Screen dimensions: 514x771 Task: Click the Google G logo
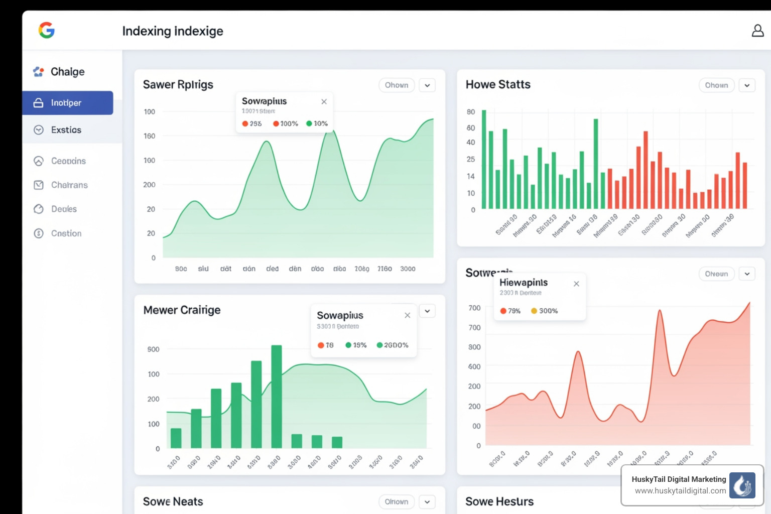[x=46, y=31]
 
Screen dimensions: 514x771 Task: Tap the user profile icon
[x=757, y=31]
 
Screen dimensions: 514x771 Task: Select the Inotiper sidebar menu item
[x=67, y=103]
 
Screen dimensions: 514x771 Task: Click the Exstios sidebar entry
[x=66, y=130]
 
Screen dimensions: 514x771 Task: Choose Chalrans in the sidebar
[x=69, y=185]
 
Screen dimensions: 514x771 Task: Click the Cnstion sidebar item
[x=66, y=233]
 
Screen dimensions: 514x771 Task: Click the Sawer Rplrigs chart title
[x=178, y=84]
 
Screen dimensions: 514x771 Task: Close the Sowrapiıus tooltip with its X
[x=324, y=101]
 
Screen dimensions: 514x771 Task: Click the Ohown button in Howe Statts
[x=716, y=85]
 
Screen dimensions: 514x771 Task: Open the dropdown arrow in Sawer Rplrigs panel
[x=427, y=85]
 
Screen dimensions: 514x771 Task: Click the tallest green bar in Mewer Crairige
[x=277, y=396]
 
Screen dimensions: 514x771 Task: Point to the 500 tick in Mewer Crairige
[x=153, y=349]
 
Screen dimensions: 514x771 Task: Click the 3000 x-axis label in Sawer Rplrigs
[x=408, y=269]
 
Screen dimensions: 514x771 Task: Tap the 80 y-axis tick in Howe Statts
[x=470, y=112]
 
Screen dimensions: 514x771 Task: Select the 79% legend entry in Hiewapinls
[x=510, y=311]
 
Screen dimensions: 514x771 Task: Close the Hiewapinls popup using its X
[x=576, y=284]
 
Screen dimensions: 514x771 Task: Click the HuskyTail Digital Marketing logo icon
[x=742, y=485]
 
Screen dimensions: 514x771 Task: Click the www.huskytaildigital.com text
[x=680, y=491]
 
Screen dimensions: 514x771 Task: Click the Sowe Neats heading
[x=173, y=501]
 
